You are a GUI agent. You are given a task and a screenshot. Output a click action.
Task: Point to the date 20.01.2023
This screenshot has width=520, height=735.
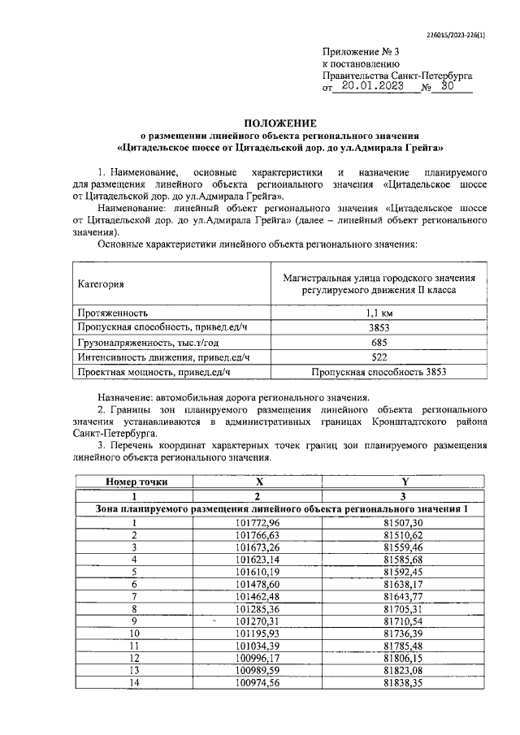tap(379, 85)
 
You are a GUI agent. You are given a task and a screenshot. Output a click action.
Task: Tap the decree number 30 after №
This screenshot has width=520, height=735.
tap(448, 85)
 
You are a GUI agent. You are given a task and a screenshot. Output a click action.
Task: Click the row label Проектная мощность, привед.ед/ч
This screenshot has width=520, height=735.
tap(154, 372)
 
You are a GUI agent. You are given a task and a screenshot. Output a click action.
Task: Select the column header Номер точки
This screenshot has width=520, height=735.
tap(135, 482)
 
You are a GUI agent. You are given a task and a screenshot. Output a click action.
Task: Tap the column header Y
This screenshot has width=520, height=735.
tap(404, 482)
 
